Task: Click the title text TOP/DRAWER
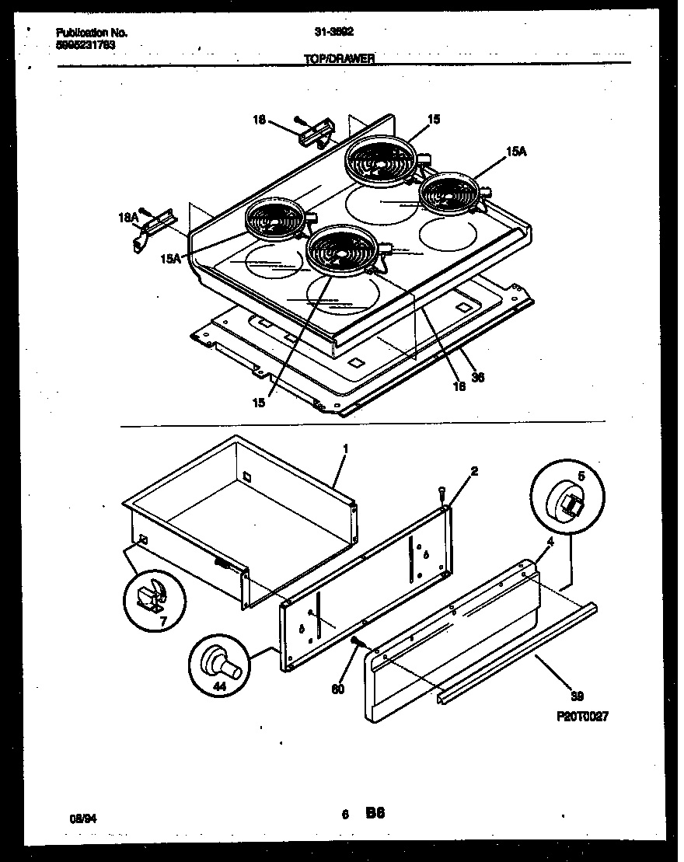(340, 58)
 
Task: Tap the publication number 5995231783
(86, 44)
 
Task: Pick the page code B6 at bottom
(375, 814)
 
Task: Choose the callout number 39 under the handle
(578, 696)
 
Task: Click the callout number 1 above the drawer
(345, 450)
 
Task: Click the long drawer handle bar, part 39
(517, 651)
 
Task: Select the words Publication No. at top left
(92, 33)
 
